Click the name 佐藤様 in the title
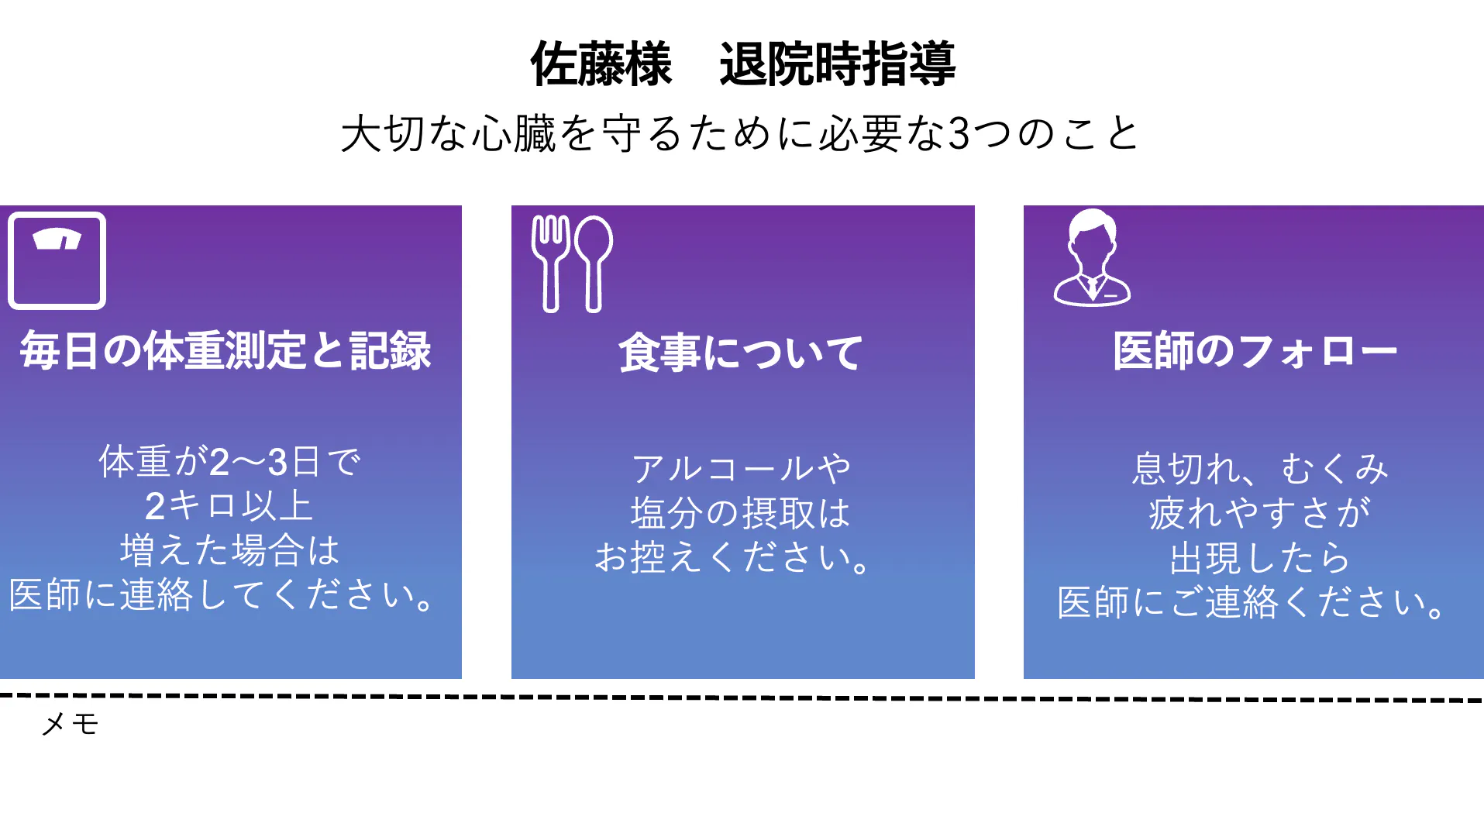[x=601, y=64]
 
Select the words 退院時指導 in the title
[x=837, y=64]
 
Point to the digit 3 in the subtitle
[x=959, y=133]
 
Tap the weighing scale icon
[x=57, y=260]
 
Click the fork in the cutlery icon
[x=551, y=263]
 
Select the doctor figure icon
[x=1092, y=257]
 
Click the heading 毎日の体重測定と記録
[x=226, y=351]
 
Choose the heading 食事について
[x=740, y=353]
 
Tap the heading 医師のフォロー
[x=1255, y=351]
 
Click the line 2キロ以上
[x=229, y=506]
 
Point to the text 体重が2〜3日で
[x=229, y=462]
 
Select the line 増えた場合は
[x=229, y=550]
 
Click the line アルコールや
[x=742, y=468]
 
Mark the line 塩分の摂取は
[x=740, y=513]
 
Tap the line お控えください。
[x=732, y=557]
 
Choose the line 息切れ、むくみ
[x=1260, y=468]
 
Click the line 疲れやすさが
[x=1260, y=513]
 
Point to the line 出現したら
[x=1260, y=557]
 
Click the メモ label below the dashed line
[x=70, y=724]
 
